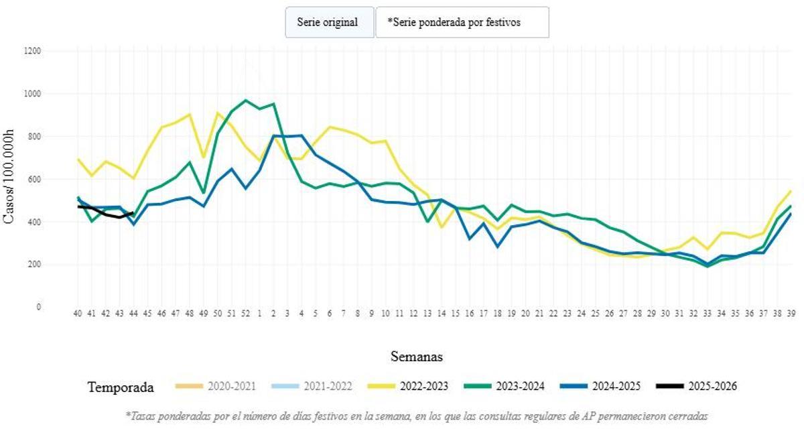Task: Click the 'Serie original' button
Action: (x=328, y=22)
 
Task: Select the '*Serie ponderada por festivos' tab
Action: (x=462, y=22)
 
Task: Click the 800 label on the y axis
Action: (x=33, y=136)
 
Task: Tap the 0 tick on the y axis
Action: (x=38, y=307)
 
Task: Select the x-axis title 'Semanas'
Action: (x=416, y=356)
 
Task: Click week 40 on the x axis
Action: (x=78, y=313)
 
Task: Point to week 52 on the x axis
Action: (x=245, y=313)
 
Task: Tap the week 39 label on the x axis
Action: (x=790, y=313)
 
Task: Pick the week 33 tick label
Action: (x=706, y=313)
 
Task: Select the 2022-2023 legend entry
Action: (x=408, y=386)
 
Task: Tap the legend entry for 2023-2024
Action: (x=505, y=386)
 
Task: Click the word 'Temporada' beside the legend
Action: (x=121, y=387)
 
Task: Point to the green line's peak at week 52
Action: (x=245, y=101)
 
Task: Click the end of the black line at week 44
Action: (x=133, y=213)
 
